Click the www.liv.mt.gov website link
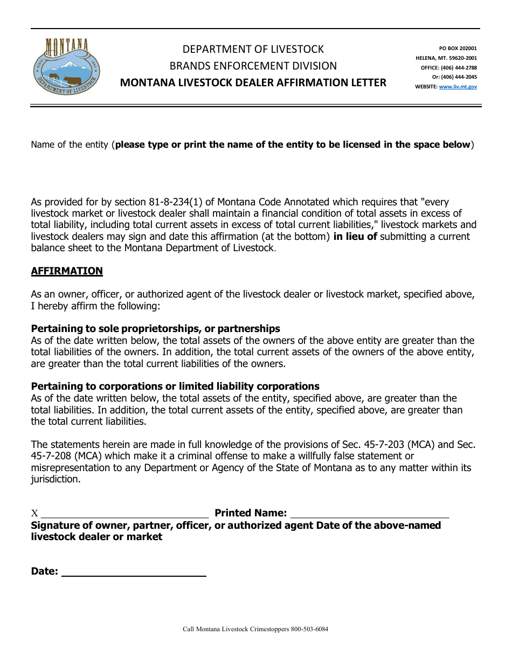pyautogui.click(x=458, y=86)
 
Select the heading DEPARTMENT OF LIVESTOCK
pyautogui.click(x=253, y=49)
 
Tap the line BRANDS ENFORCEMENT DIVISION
pyautogui.click(x=253, y=66)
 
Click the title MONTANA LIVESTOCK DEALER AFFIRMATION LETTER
pyautogui.click(x=253, y=82)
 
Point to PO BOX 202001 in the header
pyautogui.click(x=458, y=49)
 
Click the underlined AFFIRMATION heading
pyautogui.click(x=67, y=271)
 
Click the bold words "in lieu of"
pyautogui.click(x=355, y=237)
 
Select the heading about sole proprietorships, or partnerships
pyautogui.click(x=155, y=329)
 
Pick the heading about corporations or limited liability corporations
pyautogui.click(x=175, y=386)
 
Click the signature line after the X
pyautogui.click(x=124, y=513)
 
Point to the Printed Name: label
pyautogui.click(x=251, y=513)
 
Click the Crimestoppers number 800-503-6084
pyautogui.click(x=309, y=629)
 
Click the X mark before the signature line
pyautogui.click(x=35, y=514)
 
